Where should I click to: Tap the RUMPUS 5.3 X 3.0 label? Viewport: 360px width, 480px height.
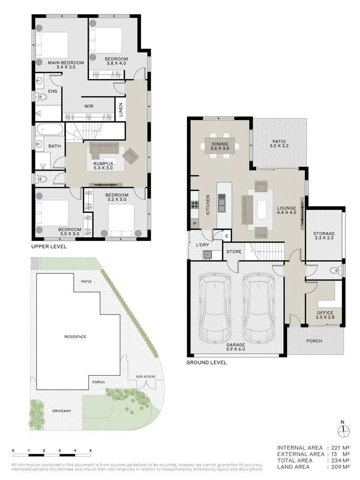coord(103,165)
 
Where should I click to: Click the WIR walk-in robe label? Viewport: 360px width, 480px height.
coord(88,106)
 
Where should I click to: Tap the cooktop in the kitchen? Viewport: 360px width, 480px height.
coord(194,205)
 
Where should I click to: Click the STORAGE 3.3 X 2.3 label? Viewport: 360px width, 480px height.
coord(324,236)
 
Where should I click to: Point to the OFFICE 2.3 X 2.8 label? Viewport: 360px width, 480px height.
coord(324,315)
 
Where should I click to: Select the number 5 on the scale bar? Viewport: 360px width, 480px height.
coord(91,451)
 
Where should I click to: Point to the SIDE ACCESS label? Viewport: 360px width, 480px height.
coord(146,376)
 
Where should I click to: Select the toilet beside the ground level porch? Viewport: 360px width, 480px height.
coord(335,270)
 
